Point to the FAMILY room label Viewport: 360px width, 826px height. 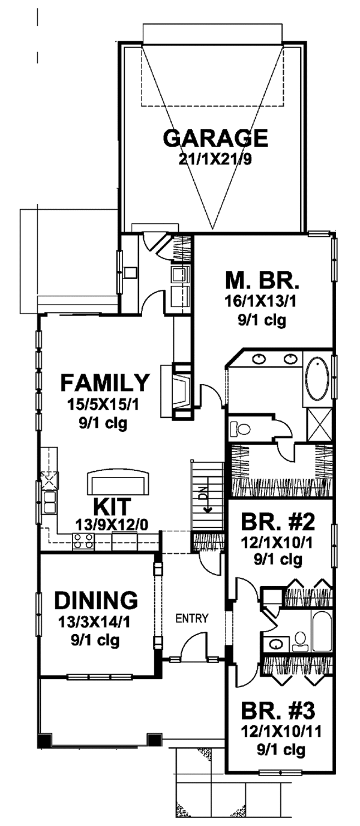pos(104,382)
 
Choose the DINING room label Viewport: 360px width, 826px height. pos(96,599)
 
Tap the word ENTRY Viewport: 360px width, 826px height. pos(192,618)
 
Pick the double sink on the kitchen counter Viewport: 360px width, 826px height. pos(49,503)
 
